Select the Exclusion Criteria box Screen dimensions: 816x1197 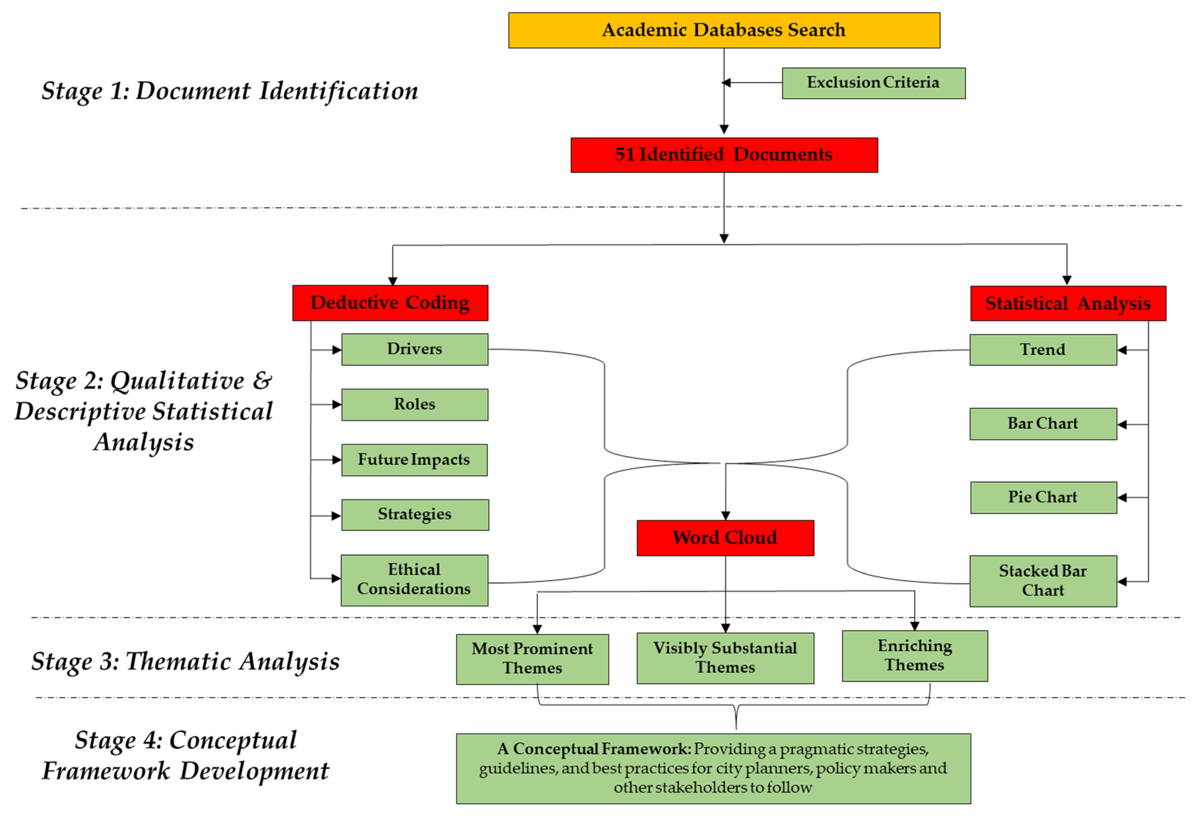tap(873, 83)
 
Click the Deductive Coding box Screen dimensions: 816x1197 tap(390, 303)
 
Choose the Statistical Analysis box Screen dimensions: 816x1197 tap(1068, 303)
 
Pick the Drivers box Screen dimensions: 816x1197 tap(415, 349)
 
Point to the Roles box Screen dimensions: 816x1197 tap(415, 404)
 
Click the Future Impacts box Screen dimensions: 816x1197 tap(414, 459)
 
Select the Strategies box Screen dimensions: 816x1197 tap(415, 514)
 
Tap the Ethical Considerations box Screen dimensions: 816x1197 tap(414, 580)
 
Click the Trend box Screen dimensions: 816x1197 tap(1043, 350)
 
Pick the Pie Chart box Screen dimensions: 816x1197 tap(1043, 497)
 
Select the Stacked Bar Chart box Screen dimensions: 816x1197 tap(1043, 581)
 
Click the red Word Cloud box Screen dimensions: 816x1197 tap(725, 538)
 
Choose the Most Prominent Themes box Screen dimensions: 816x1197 tap(532, 658)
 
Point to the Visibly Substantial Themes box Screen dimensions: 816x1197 tap(725, 657)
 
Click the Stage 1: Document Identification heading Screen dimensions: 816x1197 tap(230, 91)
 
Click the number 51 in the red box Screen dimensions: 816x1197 tap(625, 154)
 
